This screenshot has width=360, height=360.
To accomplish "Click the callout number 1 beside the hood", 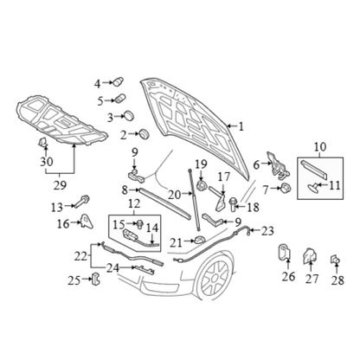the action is (x=241, y=126).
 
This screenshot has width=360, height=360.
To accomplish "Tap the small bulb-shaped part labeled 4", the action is (x=119, y=81).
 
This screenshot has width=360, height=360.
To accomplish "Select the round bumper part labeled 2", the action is (x=144, y=134).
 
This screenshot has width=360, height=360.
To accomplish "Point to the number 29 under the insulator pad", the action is (x=60, y=185).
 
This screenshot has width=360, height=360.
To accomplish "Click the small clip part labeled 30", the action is (x=42, y=142).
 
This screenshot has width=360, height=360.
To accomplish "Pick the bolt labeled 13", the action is (x=82, y=202).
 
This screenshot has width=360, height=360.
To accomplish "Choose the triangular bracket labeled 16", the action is (x=87, y=221).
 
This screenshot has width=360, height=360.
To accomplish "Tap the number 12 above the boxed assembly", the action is (x=134, y=203).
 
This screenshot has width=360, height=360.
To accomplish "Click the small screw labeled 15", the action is (x=140, y=224).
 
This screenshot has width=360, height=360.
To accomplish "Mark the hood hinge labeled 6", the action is (x=278, y=164).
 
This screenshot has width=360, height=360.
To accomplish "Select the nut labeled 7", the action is (x=286, y=188).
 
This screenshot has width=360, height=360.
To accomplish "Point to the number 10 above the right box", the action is (x=320, y=146).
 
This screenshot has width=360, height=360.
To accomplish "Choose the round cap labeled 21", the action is (x=198, y=240).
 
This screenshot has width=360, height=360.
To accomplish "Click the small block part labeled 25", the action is (x=95, y=279).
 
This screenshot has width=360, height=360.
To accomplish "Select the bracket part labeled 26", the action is (x=285, y=253).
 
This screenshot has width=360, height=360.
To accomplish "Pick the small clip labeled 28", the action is (x=335, y=260).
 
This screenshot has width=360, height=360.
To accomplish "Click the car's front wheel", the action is (x=215, y=278).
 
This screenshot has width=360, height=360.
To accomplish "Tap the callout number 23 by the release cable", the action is (x=267, y=231).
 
